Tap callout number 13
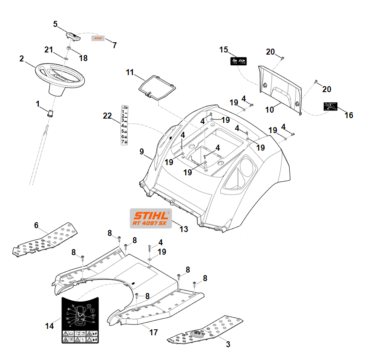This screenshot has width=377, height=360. [184, 229]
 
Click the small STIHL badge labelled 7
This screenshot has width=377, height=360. [98, 38]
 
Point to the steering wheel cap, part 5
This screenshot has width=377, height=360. [73, 35]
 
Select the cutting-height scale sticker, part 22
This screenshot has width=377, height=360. [126, 125]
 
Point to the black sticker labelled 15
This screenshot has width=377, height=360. [239, 61]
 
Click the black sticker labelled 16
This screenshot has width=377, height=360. [331, 106]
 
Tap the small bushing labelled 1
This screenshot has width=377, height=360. [50, 113]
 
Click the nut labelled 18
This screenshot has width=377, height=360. [68, 52]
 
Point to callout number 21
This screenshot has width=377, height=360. [49, 50]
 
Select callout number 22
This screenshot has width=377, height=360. [107, 116]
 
